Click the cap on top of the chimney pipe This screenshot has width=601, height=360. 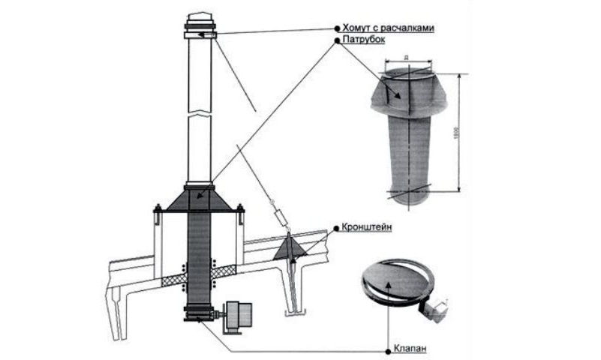pos(198,18)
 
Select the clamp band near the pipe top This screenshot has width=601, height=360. pos(198,33)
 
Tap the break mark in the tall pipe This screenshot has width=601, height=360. pos(198,112)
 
